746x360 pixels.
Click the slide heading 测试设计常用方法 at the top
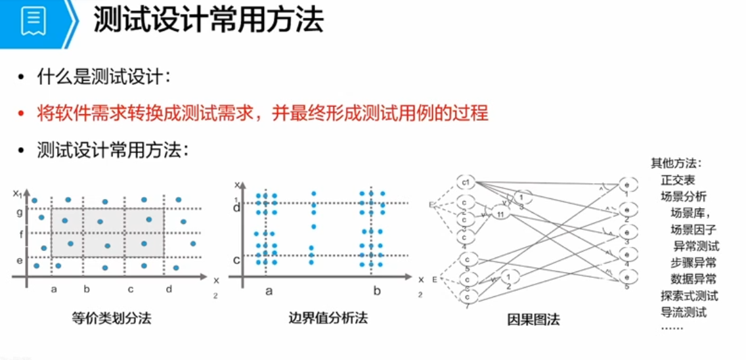click(208, 21)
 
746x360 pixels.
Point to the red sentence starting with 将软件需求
click(263, 113)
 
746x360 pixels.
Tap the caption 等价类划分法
click(112, 319)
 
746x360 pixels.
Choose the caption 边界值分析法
click(328, 319)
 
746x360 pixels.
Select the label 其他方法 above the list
click(676, 163)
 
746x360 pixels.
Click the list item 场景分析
click(684, 196)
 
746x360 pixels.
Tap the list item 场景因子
click(693, 229)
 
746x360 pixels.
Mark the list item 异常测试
click(696, 246)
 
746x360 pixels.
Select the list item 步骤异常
click(693, 263)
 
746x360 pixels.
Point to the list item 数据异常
click(693, 279)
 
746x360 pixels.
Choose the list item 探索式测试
click(689, 296)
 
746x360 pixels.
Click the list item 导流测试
click(684, 312)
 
